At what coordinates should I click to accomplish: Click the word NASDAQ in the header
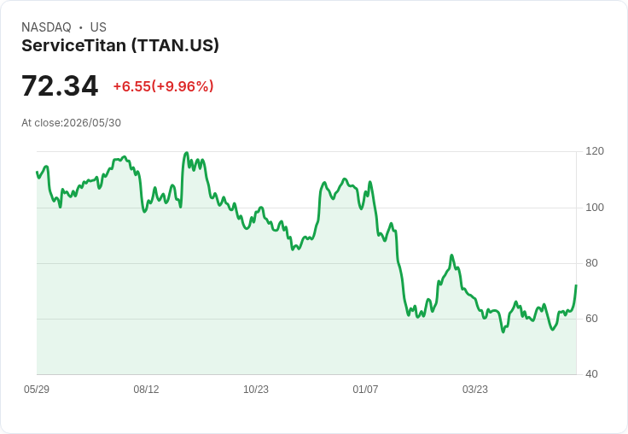click(46, 27)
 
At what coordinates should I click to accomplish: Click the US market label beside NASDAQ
click(98, 27)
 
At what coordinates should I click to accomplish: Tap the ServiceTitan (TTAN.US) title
click(120, 46)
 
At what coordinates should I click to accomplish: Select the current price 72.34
click(60, 85)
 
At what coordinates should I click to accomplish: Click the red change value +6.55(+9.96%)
click(164, 86)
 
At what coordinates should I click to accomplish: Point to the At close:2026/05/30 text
click(72, 123)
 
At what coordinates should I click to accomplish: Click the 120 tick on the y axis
click(595, 151)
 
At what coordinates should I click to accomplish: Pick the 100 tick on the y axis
click(595, 208)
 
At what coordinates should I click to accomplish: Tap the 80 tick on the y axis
click(591, 263)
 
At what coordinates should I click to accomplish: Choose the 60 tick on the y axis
click(591, 319)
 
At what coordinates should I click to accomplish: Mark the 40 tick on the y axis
click(591, 374)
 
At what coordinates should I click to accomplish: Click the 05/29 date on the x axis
click(37, 390)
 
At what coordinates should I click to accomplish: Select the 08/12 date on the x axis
click(146, 390)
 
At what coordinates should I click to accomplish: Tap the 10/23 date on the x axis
click(256, 390)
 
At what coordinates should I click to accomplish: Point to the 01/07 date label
click(365, 390)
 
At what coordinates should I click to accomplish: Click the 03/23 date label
click(475, 390)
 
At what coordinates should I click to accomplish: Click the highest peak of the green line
click(186, 153)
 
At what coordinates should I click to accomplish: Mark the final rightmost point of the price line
click(576, 285)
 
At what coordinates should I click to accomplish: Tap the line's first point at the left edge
click(37, 172)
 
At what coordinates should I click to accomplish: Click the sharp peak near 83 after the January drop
click(451, 255)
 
